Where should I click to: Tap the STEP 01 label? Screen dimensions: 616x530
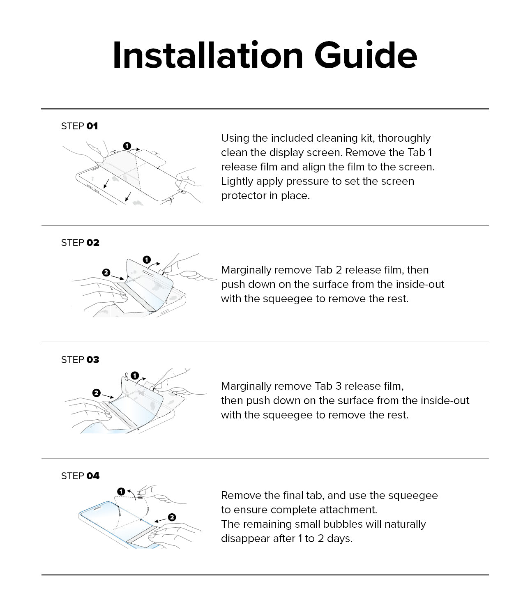pyautogui.click(x=80, y=126)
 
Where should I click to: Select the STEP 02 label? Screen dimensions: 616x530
pyautogui.click(x=80, y=243)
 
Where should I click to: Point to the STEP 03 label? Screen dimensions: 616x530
pyautogui.click(x=80, y=360)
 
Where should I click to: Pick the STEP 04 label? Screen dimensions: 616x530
pyautogui.click(x=80, y=476)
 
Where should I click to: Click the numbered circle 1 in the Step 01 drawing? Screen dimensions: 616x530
pyautogui.click(x=127, y=146)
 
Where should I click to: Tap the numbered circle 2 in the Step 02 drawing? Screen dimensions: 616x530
pyautogui.click(x=106, y=272)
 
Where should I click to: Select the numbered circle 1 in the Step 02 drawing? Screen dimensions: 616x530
pyautogui.click(x=147, y=260)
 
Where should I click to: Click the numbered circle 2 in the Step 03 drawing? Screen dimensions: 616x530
pyautogui.click(x=97, y=393)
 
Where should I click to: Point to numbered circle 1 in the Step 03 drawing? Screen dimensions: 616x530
pyautogui.click(x=135, y=375)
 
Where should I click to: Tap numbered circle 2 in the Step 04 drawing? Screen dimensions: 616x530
pyautogui.click(x=172, y=517)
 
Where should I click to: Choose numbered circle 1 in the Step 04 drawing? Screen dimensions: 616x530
pyautogui.click(x=121, y=492)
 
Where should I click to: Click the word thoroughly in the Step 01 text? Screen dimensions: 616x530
pyautogui.click(x=404, y=138)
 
